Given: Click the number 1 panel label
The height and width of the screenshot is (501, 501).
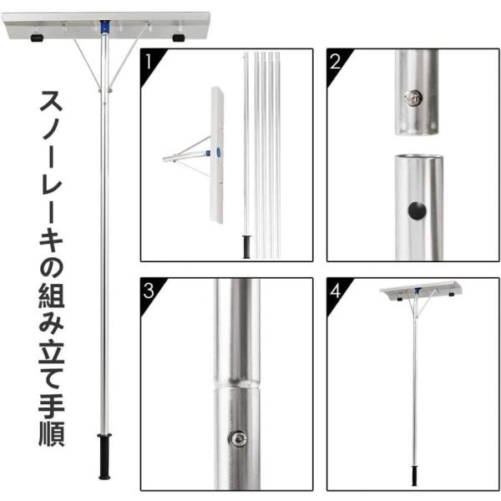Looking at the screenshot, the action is pos(148,61).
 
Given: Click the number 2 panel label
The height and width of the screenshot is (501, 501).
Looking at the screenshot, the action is pos(335,61).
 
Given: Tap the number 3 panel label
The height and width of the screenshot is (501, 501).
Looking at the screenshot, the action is pos(149,290).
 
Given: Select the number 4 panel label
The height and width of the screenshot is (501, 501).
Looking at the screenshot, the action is pos(336,291).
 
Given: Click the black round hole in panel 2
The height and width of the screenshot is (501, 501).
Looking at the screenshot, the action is pos(417,210).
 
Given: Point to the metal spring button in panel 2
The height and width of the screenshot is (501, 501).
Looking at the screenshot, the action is pos(412,99).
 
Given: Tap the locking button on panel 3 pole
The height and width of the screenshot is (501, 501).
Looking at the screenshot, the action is pos(238,438).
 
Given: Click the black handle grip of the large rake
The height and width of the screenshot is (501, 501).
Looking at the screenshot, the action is pos(104,456).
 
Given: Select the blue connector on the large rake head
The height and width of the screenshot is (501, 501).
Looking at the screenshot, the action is pos(104,28).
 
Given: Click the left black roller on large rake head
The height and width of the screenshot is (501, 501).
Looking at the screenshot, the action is pos(37,38).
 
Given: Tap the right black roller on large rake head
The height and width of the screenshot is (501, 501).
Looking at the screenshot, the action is pos(179,38).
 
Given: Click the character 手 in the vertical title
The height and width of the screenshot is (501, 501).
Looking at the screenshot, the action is pos(51,406).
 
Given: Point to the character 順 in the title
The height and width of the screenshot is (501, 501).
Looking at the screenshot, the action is pos(51,433).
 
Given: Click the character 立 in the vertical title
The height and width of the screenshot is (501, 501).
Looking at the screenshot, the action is pos(51,351).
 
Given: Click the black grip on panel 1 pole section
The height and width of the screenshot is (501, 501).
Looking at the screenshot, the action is pos(246,246).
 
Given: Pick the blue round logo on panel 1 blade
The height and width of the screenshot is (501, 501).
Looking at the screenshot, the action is pos(219,150).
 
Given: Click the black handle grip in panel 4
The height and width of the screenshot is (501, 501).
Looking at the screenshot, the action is pos(414,476).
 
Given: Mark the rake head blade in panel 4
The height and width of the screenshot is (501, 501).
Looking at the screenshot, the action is pos(421,291).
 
